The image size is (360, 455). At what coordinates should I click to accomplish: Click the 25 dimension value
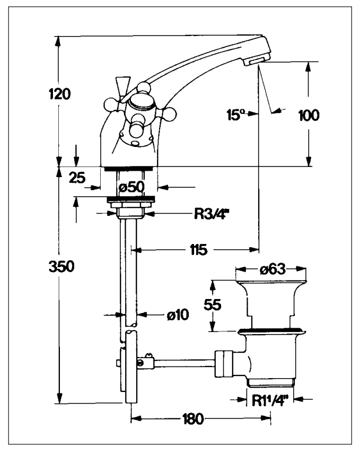[78, 178]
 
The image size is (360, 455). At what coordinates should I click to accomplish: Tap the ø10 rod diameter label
[177, 314]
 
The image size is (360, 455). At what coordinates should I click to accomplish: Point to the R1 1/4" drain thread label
[270, 399]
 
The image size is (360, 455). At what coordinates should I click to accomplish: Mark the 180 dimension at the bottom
[191, 419]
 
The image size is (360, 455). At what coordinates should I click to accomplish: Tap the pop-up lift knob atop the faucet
[122, 84]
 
